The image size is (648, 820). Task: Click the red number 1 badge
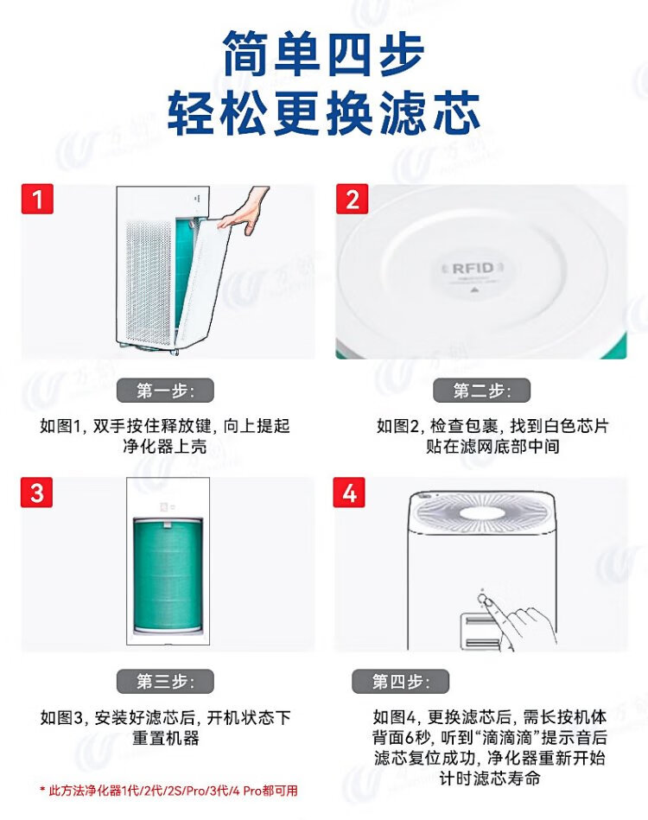(37, 199)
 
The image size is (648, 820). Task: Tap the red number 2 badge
(352, 199)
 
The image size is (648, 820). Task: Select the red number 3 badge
(36, 493)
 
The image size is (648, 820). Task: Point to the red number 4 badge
(349, 493)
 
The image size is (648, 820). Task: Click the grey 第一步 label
(165, 391)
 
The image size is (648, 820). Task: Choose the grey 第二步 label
(482, 391)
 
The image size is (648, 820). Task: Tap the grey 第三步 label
(165, 682)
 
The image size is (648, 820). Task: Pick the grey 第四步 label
(400, 682)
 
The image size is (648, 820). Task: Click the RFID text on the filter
(473, 268)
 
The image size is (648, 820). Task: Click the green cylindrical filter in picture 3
(168, 575)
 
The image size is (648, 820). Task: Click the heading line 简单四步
(323, 54)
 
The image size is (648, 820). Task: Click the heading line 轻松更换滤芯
(323, 112)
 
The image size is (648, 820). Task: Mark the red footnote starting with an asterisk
(168, 791)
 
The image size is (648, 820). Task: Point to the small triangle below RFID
(473, 288)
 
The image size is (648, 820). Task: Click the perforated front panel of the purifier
(149, 283)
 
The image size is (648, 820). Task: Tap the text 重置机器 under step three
(165, 738)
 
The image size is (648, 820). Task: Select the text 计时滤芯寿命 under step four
(490, 779)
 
